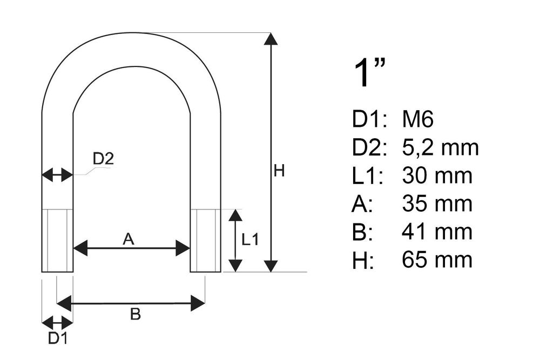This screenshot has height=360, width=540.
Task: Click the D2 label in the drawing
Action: pyautogui.click(x=103, y=159)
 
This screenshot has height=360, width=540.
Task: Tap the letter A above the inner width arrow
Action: pyautogui.click(x=129, y=239)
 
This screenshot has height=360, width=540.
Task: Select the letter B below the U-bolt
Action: pyautogui.click(x=136, y=314)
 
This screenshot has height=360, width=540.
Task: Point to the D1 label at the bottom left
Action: pyautogui.click(x=58, y=338)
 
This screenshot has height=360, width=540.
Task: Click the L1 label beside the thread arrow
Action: pyautogui.click(x=249, y=240)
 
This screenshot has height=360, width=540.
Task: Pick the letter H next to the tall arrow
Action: pyautogui.click(x=279, y=171)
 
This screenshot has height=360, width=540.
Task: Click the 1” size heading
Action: pyautogui.click(x=369, y=73)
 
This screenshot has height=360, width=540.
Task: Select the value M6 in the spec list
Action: pyautogui.click(x=418, y=119)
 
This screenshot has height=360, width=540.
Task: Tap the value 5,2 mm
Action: pyautogui.click(x=440, y=148)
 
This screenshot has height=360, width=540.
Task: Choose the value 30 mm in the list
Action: pyautogui.click(x=437, y=175)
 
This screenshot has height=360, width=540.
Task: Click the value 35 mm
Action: pyautogui.click(x=437, y=203)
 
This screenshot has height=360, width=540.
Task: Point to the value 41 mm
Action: pyautogui.click(x=437, y=232)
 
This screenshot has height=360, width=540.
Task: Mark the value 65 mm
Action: pyautogui.click(x=437, y=260)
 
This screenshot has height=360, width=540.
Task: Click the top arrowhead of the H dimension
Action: pyautogui.click(x=271, y=38)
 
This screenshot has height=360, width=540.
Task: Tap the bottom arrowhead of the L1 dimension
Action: pyautogui.click(x=235, y=266)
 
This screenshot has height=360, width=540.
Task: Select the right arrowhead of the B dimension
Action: pyautogui.click(x=198, y=303)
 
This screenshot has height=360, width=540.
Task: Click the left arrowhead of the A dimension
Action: pyautogui.click(x=80, y=248)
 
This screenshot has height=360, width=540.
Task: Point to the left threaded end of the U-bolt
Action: pyautogui.click(x=57, y=240)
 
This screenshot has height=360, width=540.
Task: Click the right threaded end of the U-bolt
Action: pyautogui.click(x=206, y=240)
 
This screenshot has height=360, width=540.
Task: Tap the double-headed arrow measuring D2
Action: pyautogui.click(x=57, y=175)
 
